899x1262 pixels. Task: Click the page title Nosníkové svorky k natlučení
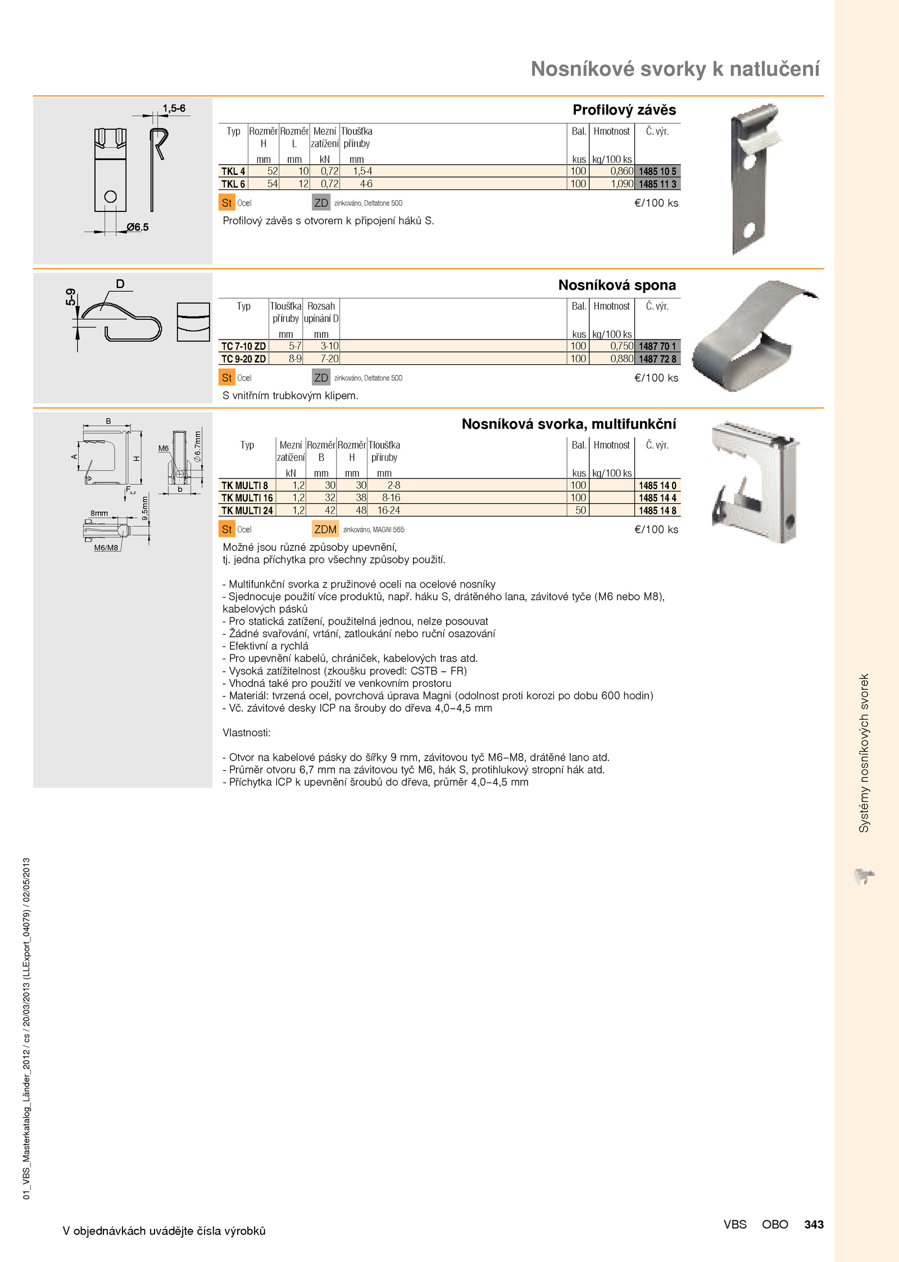(x=675, y=69)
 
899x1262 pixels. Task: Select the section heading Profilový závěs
(x=624, y=110)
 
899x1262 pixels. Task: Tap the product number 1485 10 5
(x=657, y=171)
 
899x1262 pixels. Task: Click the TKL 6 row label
(x=233, y=184)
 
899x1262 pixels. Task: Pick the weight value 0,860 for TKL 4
(x=621, y=171)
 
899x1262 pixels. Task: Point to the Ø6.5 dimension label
(x=137, y=227)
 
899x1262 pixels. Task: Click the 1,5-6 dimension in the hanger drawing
(x=174, y=108)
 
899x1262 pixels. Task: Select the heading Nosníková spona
(x=616, y=285)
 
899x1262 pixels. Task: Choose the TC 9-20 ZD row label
(x=243, y=359)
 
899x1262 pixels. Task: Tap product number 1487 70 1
(x=657, y=346)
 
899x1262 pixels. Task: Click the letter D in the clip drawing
(x=120, y=284)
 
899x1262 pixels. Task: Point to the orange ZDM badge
(x=325, y=529)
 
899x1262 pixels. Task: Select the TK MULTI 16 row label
(x=247, y=498)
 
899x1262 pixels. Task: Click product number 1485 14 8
(x=657, y=510)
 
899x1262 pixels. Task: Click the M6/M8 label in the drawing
(x=106, y=548)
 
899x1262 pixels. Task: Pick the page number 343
(x=814, y=1224)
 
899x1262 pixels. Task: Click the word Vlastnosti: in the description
(x=246, y=732)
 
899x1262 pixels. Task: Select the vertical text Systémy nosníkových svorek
(x=864, y=753)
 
